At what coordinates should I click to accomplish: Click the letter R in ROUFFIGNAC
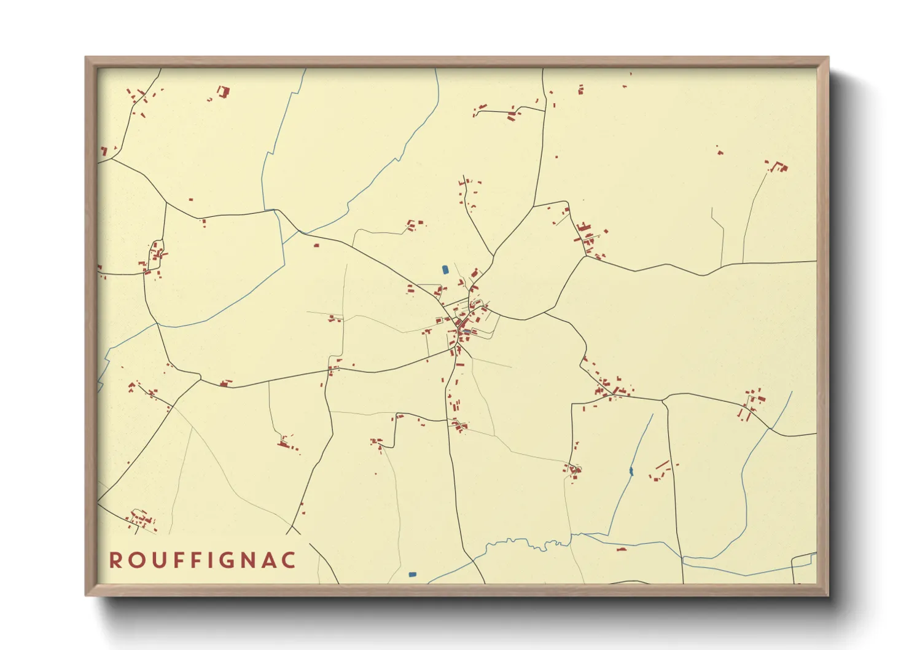click(115, 560)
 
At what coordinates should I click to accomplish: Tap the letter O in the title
click(136, 560)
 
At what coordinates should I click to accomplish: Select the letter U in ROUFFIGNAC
click(157, 560)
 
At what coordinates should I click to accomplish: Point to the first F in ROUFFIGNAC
click(178, 560)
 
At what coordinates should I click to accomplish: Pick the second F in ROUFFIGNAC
click(196, 560)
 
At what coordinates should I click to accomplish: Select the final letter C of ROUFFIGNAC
click(291, 560)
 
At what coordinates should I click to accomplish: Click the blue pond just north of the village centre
click(445, 269)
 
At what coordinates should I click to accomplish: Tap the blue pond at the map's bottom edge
click(412, 574)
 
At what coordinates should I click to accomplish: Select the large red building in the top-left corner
click(224, 92)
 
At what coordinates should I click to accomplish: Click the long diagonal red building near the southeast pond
click(661, 464)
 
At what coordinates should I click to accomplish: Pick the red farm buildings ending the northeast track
click(778, 166)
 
